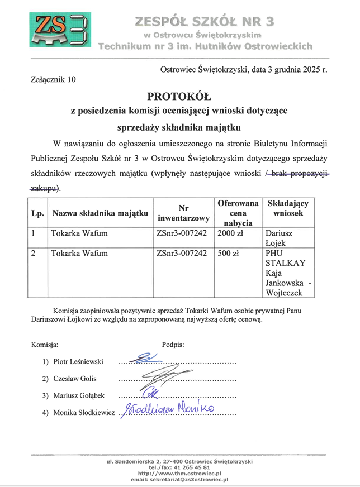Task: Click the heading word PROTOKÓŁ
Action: (x=179, y=96)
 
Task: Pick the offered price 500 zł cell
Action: (x=228, y=254)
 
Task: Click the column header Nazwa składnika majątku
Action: (x=100, y=212)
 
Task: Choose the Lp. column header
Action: (x=38, y=212)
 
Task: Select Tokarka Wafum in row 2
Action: (x=79, y=254)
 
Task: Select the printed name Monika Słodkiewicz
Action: (x=84, y=413)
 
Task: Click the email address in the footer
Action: (x=179, y=479)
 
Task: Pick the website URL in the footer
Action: (x=179, y=474)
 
